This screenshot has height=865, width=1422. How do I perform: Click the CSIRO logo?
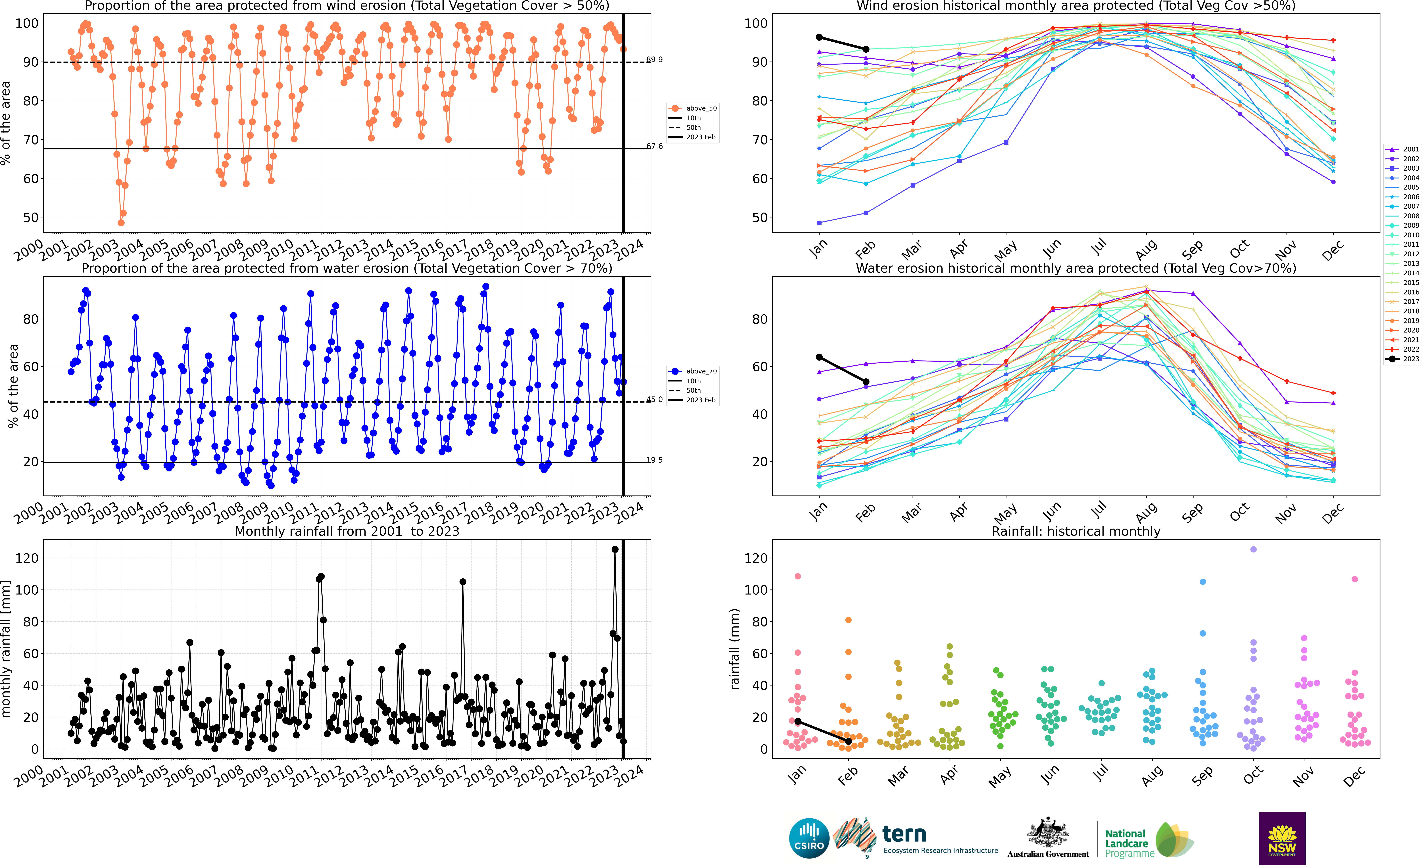(x=808, y=838)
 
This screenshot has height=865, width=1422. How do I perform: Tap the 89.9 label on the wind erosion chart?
(x=654, y=59)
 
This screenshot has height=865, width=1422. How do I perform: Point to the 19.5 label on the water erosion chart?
(x=654, y=460)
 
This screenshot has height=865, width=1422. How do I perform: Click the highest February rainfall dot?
(x=848, y=620)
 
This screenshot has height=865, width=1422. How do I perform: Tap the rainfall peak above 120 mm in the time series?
(x=615, y=550)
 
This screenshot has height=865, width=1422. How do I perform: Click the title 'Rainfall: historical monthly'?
(x=1076, y=531)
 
